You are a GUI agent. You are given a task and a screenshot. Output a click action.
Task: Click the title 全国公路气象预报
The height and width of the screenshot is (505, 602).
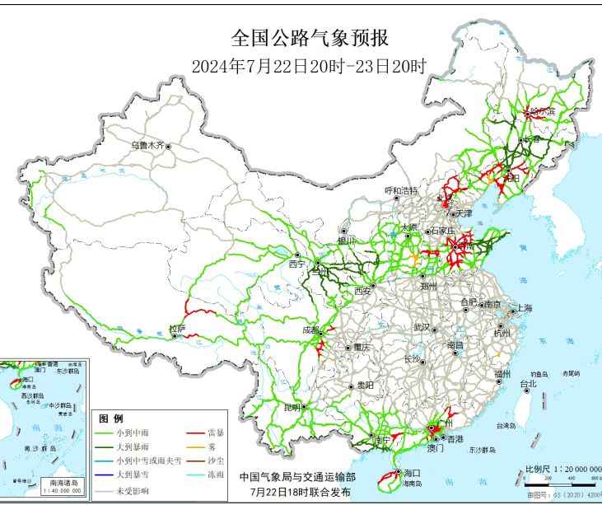[309, 39]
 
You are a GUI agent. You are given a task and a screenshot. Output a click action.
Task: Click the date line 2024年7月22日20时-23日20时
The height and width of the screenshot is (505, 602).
[309, 66]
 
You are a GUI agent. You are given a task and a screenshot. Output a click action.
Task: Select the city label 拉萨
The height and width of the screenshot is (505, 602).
[177, 329]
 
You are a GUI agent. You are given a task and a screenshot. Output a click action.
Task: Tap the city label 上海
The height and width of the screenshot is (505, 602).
[523, 308]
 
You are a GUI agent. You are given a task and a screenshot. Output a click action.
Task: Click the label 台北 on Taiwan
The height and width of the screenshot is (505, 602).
[528, 383]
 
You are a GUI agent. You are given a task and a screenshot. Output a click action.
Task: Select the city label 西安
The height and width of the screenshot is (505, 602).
[363, 291]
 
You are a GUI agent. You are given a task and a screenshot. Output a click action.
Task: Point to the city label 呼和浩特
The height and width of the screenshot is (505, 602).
[402, 190]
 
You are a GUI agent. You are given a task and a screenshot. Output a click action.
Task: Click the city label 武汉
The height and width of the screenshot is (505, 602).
[422, 327]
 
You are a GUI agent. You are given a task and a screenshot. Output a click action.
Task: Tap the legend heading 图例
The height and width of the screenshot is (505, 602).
[110, 418]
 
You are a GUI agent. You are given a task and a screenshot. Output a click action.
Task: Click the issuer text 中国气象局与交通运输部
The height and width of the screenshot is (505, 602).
[298, 476]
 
